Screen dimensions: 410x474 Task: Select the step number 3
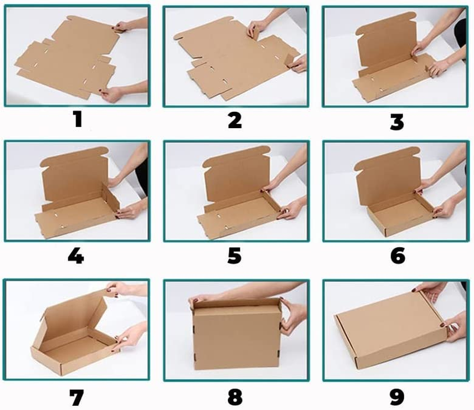point(397,121)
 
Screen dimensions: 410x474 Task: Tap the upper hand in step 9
point(430,291)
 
